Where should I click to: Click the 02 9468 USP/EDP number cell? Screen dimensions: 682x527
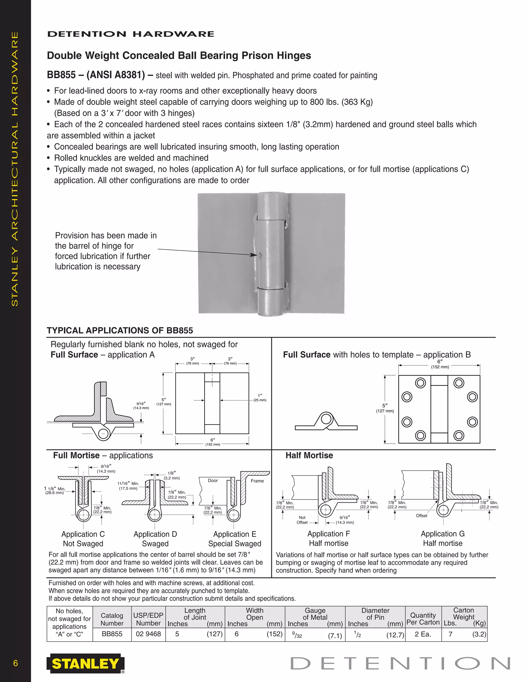(148, 634)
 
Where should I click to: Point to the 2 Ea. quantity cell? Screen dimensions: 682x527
(423, 634)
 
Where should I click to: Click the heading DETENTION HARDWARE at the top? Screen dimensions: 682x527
(130, 34)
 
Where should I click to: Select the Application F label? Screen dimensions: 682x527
(328, 534)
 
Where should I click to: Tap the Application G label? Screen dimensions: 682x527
(442, 534)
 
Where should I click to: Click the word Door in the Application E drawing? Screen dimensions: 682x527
(213, 480)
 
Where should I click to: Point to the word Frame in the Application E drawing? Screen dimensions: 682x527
(257, 481)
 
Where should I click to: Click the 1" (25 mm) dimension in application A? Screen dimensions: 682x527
(260, 398)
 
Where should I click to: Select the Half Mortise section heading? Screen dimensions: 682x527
(309, 455)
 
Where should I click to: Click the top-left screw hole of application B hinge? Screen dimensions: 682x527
(420, 383)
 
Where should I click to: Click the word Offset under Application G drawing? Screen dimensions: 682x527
(421, 515)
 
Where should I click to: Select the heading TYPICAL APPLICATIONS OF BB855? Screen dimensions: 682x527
(120, 330)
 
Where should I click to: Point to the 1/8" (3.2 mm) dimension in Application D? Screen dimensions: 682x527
(172, 475)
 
